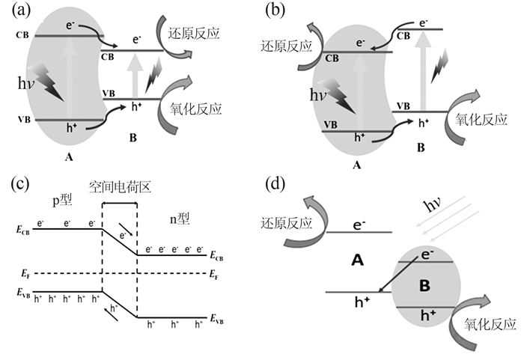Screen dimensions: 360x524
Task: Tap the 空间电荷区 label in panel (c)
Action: click(x=120, y=187)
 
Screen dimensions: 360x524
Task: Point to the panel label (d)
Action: click(x=275, y=183)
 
